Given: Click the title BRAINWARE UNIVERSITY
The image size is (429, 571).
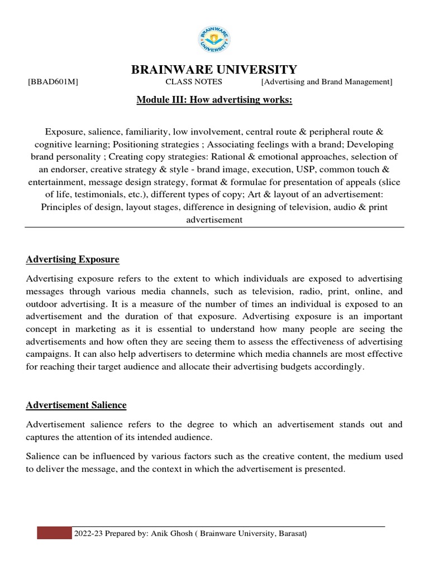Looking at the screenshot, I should (x=214, y=70).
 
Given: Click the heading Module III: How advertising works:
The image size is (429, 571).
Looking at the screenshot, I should (x=214, y=99).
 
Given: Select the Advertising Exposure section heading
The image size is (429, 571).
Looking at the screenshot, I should (x=73, y=260).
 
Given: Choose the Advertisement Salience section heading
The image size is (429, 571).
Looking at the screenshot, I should (x=77, y=405).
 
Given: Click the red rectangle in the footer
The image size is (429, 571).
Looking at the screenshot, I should (x=54, y=534).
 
